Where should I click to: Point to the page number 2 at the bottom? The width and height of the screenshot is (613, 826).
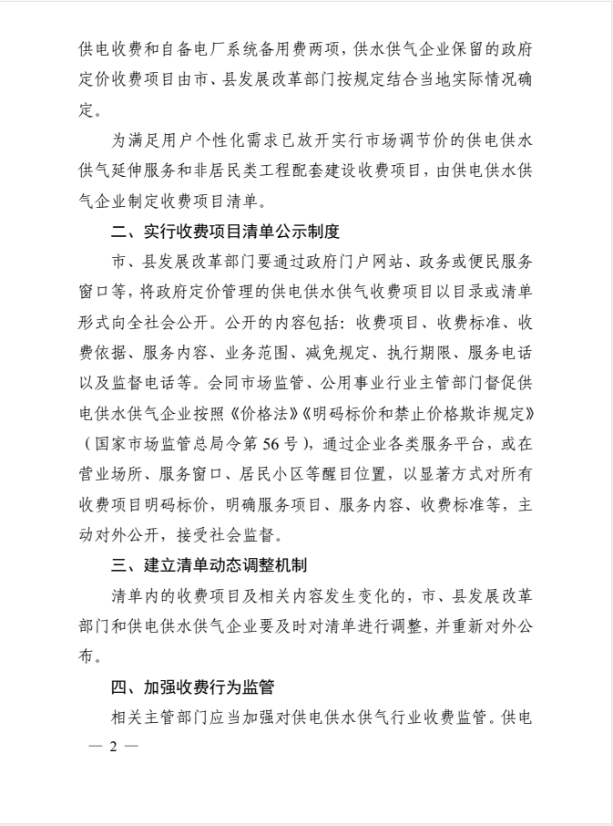click(x=114, y=746)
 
